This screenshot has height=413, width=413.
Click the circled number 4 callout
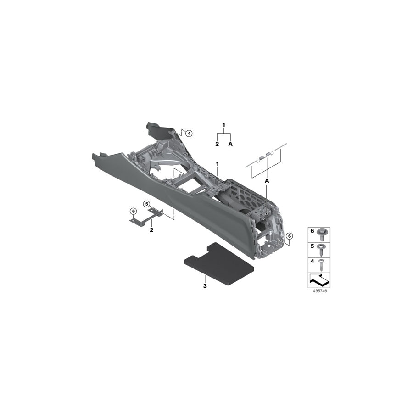coord(189,133)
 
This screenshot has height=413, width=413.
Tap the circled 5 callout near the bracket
coord(147,204)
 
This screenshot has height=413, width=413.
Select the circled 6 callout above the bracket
coord(133,211)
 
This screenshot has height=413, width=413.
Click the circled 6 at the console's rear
coord(289,236)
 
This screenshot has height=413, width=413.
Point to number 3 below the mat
coord(205,286)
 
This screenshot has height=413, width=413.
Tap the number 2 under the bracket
coord(151,229)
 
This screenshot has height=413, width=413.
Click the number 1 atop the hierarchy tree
coord(224,125)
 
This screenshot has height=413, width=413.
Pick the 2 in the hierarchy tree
coord(217,144)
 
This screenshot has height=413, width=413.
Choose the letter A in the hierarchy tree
coord(230,144)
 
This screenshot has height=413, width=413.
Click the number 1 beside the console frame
coord(218,164)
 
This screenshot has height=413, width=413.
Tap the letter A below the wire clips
coord(267,181)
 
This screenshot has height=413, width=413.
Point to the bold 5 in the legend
coord(313,246)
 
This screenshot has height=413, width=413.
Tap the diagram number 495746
coord(318,291)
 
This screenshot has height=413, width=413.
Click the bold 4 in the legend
coord(313,261)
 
